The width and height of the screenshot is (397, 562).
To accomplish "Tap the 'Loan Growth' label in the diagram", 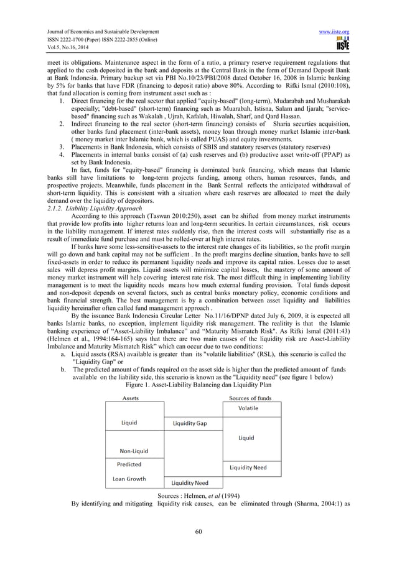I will click(129, 479).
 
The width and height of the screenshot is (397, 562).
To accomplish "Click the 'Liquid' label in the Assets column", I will click(129, 423).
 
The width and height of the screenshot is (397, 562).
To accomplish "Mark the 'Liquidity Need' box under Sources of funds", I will click(248, 467).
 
